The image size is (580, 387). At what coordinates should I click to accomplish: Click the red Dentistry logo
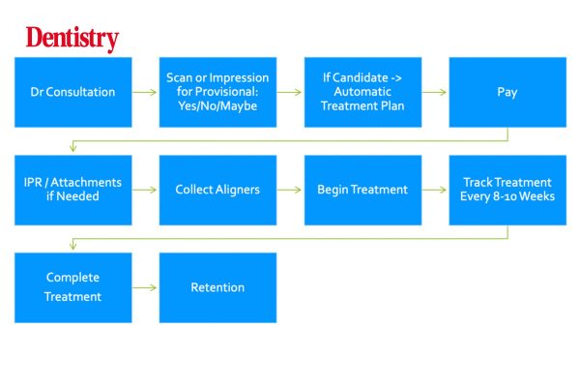click(x=72, y=39)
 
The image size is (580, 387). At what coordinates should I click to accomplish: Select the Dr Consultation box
click(x=73, y=92)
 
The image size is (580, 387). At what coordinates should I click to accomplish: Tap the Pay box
click(x=507, y=92)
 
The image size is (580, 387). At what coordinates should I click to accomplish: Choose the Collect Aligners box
click(x=217, y=190)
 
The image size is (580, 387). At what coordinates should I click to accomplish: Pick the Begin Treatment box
click(x=362, y=190)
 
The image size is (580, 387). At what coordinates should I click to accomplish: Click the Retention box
click(x=217, y=287)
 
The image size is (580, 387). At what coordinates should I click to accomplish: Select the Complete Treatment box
click(x=73, y=287)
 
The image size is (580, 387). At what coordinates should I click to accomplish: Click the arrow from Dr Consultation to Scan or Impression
click(x=145, y=92)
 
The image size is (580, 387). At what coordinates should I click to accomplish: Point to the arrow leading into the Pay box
click(x=434, y=92)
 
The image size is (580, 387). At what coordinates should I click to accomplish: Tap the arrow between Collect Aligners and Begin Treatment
click(x=289, y=190)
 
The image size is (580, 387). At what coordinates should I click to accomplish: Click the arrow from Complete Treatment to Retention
click(x=145, y=287)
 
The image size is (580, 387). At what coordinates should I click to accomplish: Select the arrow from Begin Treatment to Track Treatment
click(x=434, y=190)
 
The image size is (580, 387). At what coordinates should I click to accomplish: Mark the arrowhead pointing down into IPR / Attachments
click(x=73, y=148)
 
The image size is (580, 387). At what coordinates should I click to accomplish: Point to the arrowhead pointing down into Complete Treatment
click(x=73, y=246)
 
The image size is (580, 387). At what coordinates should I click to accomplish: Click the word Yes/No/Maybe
click(x=217, y=106)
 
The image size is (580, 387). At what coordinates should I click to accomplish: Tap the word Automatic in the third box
click(x=362, y=92)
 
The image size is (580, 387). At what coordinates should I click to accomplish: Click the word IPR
click(x=33, y=182)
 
